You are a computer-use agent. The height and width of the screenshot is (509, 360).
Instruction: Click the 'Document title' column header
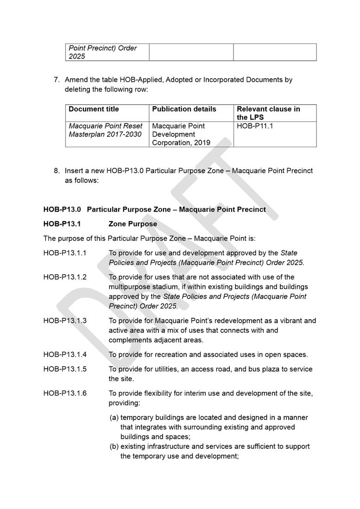[x=94, y=109]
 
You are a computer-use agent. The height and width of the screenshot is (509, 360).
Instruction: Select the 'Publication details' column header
[x=184, y=109]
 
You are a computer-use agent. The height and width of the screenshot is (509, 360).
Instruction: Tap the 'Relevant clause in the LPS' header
[x=268, y=113]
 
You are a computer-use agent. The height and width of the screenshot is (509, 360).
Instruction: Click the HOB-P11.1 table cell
[x=255, y=126]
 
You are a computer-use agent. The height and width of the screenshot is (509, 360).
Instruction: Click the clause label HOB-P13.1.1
[x=65, y=253]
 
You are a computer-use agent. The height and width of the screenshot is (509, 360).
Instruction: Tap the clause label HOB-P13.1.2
[x=65, y=277]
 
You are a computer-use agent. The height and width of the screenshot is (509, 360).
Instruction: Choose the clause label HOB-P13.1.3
[x=65, y=320]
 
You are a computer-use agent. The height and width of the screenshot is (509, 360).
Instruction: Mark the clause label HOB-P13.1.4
[x=65, y=355]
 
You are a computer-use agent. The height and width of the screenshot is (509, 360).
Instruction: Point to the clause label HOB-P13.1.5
[x=65, y=370]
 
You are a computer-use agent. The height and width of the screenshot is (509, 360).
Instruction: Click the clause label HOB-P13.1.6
[x=65, y=394]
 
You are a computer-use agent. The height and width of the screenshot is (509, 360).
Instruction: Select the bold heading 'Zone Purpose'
[x=133, y=224]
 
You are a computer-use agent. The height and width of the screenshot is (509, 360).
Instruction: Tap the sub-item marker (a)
[x=114, y=418]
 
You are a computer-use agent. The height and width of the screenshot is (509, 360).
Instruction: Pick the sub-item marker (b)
[x=114, y=446]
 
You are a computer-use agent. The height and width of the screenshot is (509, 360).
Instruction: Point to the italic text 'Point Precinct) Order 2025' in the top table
[x=103, y=52]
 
